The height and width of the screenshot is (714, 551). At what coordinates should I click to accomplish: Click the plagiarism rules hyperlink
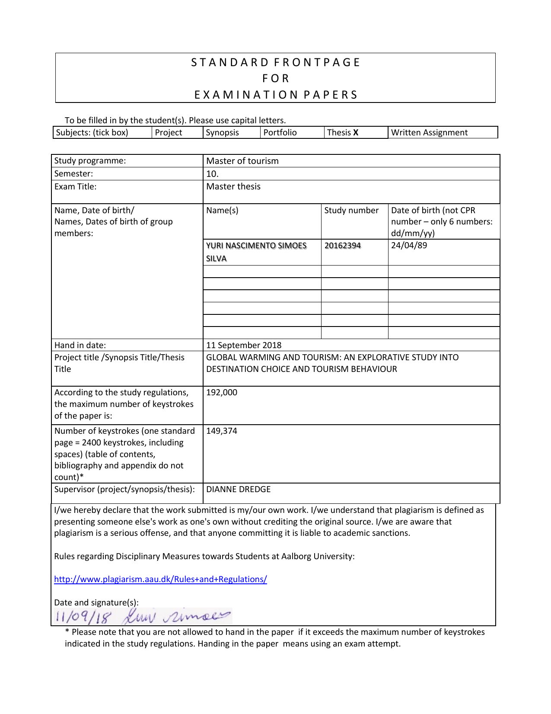[160, 579]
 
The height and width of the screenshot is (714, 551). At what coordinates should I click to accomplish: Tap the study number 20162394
[342, 246]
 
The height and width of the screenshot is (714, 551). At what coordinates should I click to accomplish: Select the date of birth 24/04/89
[409, 245]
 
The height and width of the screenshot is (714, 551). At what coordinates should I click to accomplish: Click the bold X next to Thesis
[356, 133]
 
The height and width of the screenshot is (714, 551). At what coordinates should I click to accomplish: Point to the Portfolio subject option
[280, 133]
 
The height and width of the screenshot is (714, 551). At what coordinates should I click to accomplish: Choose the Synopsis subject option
[222, 133]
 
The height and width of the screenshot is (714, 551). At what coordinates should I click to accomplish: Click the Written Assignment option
[429, 133]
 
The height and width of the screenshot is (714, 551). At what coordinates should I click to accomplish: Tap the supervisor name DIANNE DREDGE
[238, 489]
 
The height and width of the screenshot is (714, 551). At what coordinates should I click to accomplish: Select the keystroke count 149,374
[222, 431]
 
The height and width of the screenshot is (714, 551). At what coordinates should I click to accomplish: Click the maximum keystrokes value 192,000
[222, 392]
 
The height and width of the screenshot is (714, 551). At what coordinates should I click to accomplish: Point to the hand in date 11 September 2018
[244, 345]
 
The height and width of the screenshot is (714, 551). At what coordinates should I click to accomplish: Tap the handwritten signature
[176, 616]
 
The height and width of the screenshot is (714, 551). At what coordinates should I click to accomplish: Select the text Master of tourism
[242, 161]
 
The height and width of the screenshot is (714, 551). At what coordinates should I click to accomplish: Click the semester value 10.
[212, 174]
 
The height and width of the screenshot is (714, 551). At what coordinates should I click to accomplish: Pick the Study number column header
[351, 210]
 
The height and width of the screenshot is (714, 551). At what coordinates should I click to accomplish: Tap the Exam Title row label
[75, 186]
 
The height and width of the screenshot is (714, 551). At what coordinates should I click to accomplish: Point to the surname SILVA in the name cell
[216, 259]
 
